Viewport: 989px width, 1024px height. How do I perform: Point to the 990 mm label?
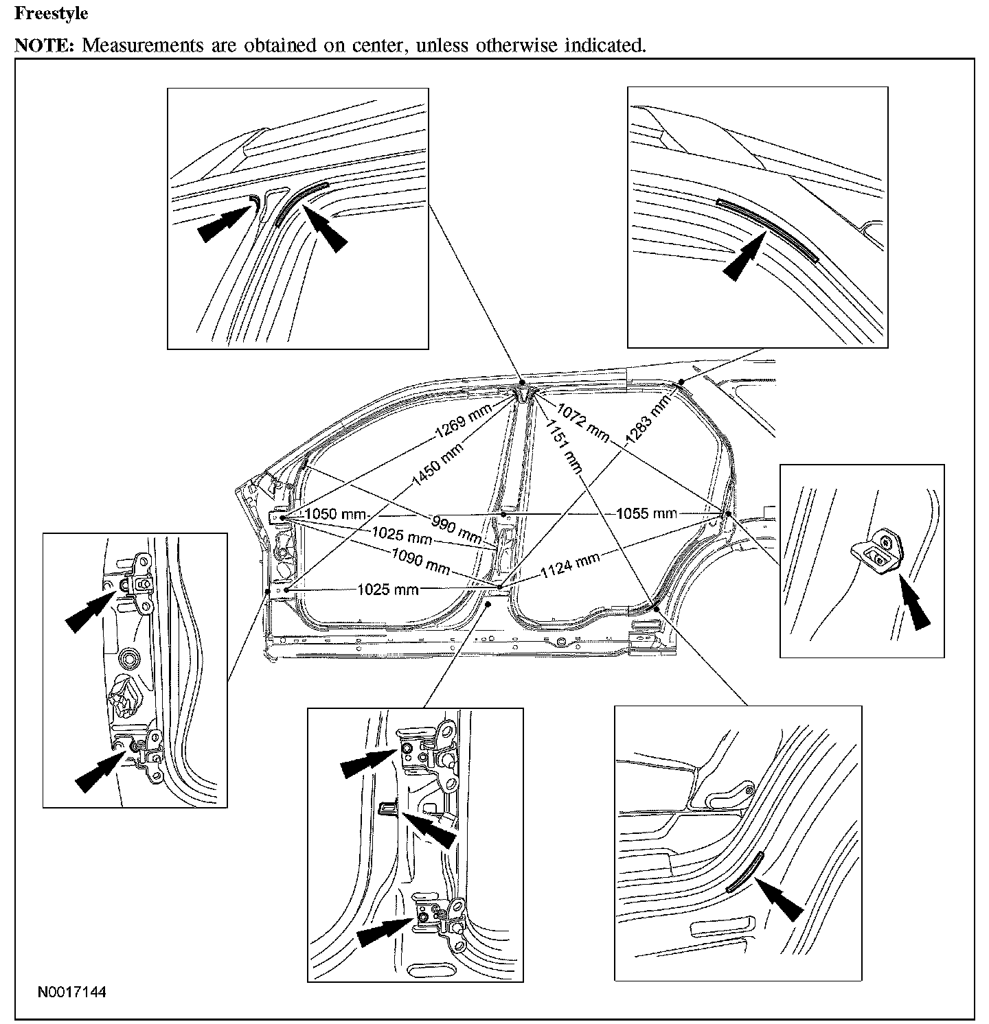click(457, 526)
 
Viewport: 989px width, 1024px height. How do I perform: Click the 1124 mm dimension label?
click(569, 565)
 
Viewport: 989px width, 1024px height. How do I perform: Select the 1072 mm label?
click(582, 421)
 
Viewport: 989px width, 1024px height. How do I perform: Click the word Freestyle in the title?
click(51, 13)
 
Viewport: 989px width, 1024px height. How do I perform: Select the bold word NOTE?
click(44, 45)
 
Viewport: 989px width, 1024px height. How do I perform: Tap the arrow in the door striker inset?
click(913, 601)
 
